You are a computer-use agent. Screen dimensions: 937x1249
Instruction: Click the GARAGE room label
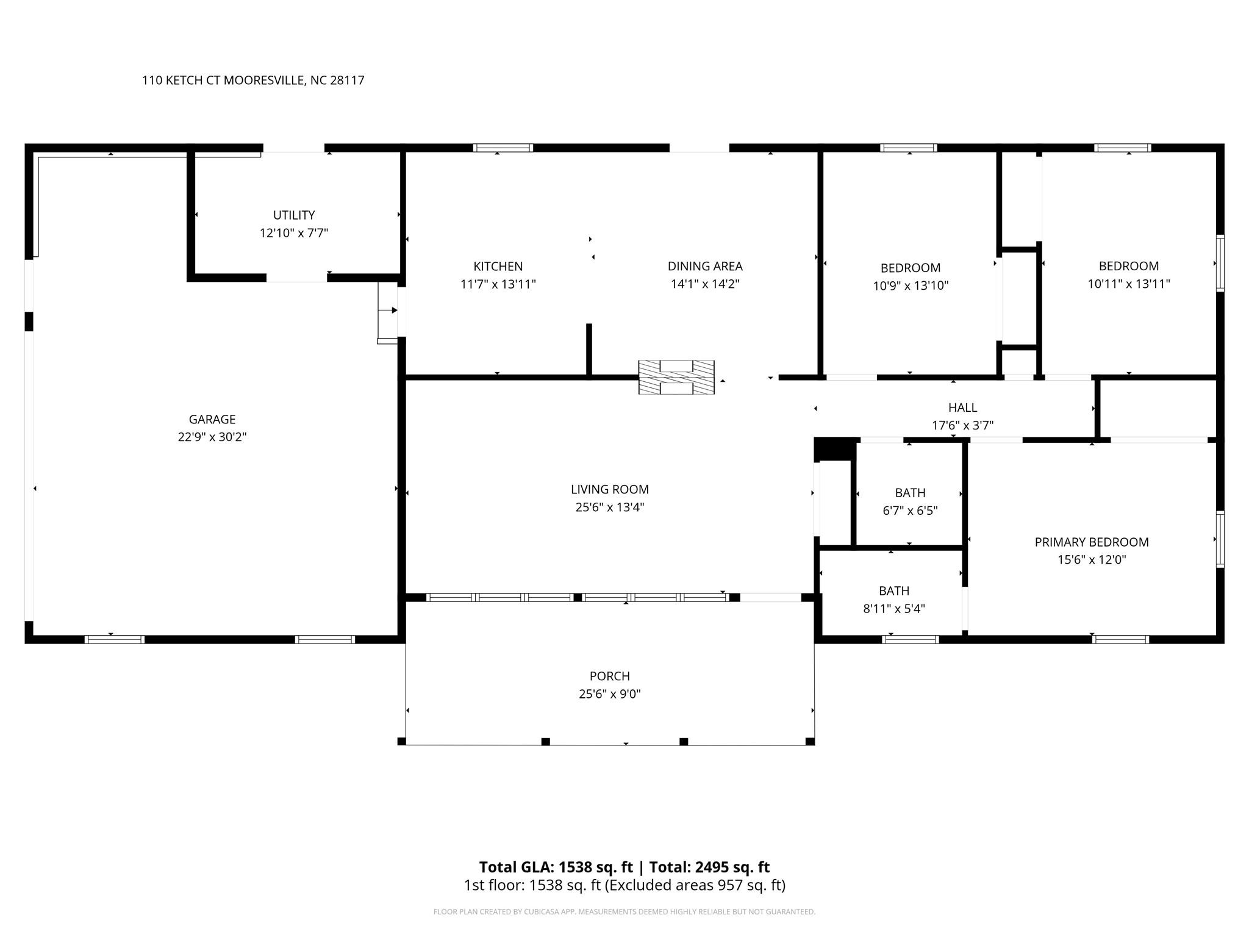pyautogui.click(x=212, y=419)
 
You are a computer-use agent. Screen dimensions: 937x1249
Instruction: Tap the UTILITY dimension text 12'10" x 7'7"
pyautogui.click(x=294, y=233)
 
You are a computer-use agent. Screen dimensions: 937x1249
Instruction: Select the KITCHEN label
pyautogui.click(x=498, y=266)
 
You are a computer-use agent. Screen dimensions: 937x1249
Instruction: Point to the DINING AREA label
pyautogui.click(x=704, y=266)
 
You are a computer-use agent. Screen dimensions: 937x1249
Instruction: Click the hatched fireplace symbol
pyautogui.click(x=676, y=377)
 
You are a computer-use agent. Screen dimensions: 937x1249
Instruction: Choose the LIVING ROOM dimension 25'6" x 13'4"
pyautogui.click(x=609, y=507)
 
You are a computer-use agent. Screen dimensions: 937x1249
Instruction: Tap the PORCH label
pyautogui.click(x=609, y=676)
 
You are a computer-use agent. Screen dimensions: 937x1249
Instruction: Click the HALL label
pyautogui.click(x=962, y=407)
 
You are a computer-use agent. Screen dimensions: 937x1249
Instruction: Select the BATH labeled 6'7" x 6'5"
pyautogui.click(x=910, y=493)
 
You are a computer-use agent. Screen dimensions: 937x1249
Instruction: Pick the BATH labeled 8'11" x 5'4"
pyautogui.click(x=893, y=591)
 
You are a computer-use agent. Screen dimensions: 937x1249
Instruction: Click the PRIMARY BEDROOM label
pyautogui.click(x=1091, y=542)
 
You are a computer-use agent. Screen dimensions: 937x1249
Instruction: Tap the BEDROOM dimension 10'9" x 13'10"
pyautogui.click(x=910, y=285)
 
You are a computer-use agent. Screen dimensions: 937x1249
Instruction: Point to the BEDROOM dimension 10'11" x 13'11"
pyautogui.click(x=1128, y=284)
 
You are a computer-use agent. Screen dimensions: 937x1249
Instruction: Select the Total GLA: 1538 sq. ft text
pyautogui.click(x=556, y=867)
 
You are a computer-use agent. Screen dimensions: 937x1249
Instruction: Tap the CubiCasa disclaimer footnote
pyautogui.click(x=624, y=912)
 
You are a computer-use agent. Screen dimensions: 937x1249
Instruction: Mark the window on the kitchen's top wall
pyautogui.click(x=503, y=148)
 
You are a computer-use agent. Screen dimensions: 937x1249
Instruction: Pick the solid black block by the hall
pyautogui.click(x=834, y=450)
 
